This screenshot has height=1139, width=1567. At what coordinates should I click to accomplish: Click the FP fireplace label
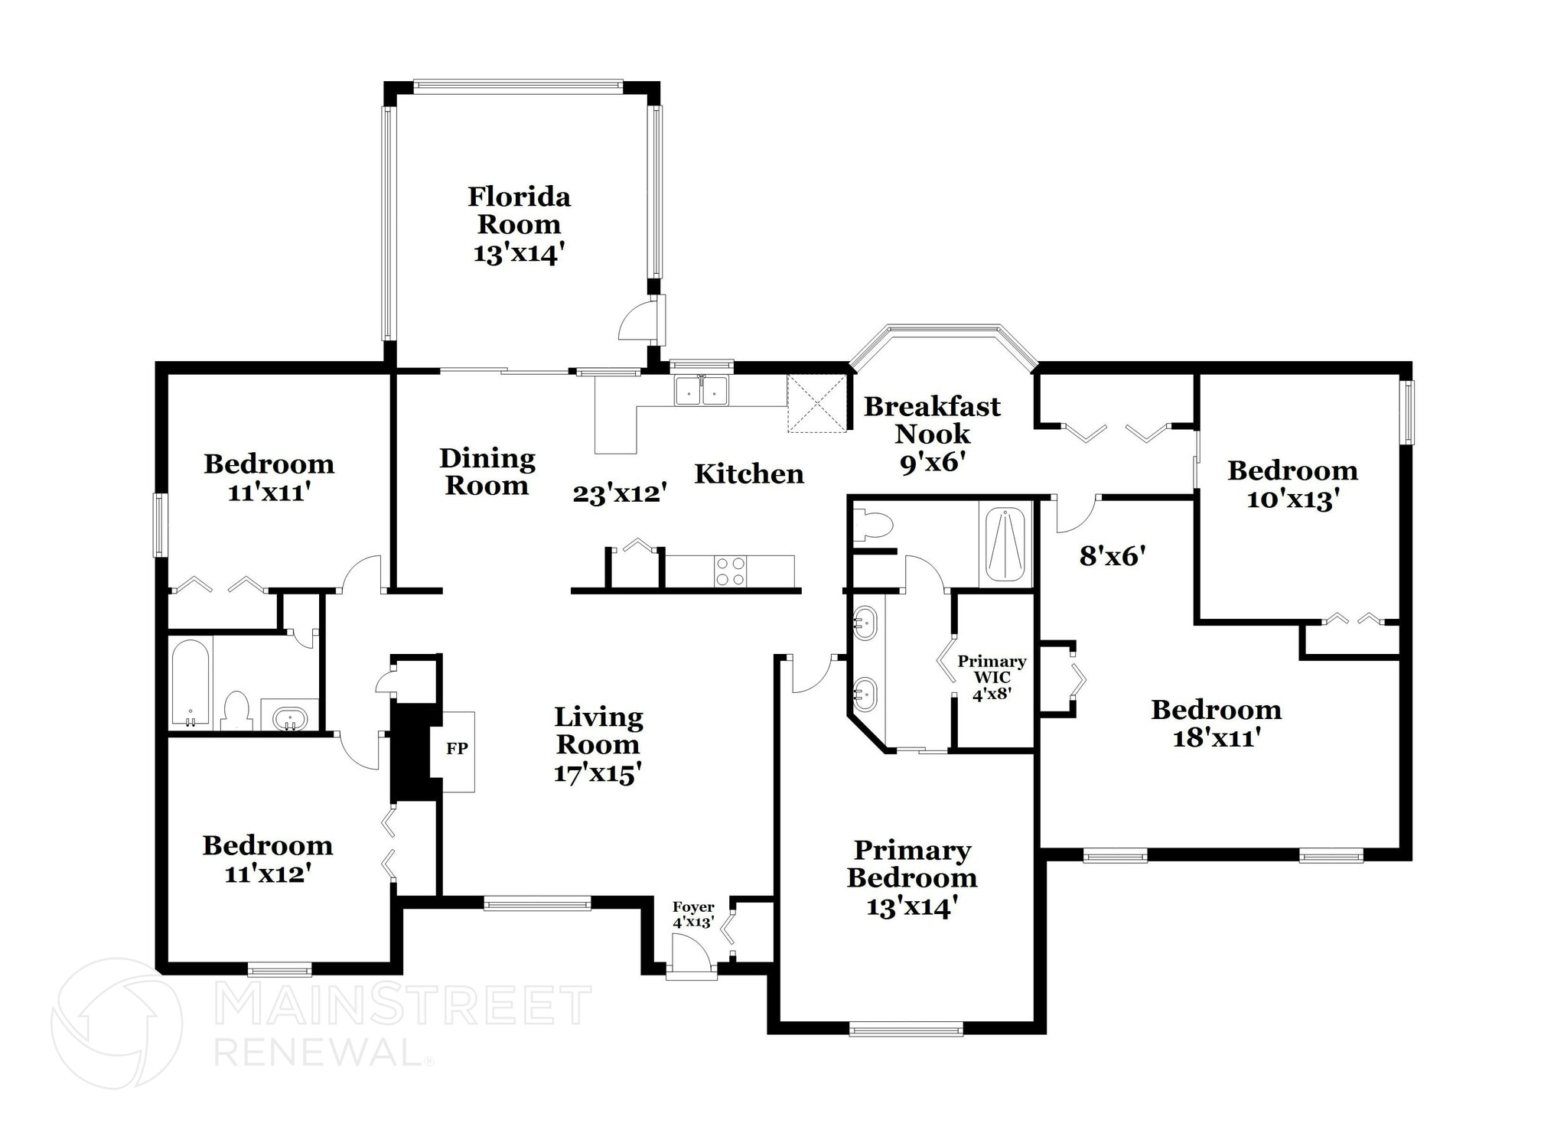[457, 748]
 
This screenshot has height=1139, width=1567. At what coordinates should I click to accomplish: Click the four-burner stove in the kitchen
[730, 571]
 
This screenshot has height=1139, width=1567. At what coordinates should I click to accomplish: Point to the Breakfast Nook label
[932, 420]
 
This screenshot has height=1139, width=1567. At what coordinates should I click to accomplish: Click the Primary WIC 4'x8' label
[992, 678]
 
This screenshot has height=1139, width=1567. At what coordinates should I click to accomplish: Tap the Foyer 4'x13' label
[693, 914]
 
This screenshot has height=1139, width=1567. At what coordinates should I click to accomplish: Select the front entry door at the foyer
[691, 956]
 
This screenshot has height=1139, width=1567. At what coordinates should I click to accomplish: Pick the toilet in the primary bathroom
[873, 526]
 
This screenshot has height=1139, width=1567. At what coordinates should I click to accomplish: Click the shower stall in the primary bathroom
[1005, 544]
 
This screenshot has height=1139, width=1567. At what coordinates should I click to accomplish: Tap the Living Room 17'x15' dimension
[597, 773]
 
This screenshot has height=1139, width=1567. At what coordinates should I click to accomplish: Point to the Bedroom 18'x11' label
[1216, 723]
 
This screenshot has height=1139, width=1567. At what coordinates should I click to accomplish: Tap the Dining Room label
[487, 472]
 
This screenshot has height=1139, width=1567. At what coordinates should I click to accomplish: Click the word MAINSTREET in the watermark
[403, 1006]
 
